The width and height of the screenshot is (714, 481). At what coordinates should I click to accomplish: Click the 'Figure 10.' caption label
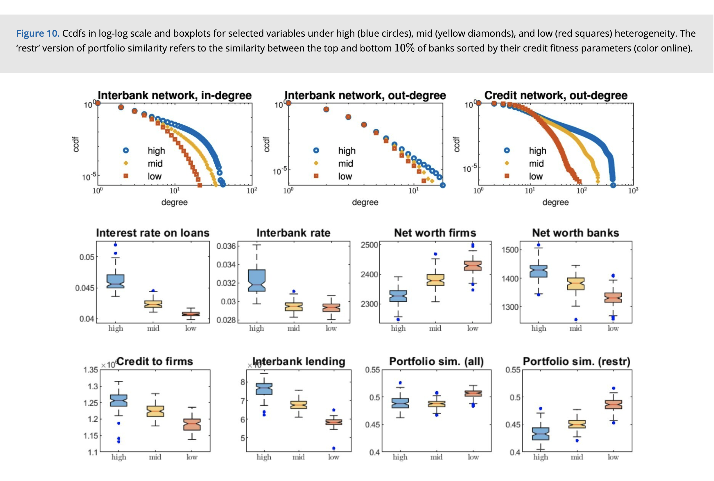point(38,33)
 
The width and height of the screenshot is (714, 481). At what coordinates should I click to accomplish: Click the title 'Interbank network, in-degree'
point(174,95)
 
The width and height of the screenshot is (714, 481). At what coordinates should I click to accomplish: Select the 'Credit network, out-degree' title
point(556,95)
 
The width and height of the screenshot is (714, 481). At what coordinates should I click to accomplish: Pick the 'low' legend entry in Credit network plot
point(535,177)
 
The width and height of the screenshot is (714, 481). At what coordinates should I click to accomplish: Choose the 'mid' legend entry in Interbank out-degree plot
point(345,163)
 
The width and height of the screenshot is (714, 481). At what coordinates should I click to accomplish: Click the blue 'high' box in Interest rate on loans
point(116,281)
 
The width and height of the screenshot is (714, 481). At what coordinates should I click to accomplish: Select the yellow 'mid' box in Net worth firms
point(435,280)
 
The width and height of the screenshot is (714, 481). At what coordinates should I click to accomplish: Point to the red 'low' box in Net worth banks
point(613,297)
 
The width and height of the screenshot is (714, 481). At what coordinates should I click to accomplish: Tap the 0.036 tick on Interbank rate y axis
point(226,246)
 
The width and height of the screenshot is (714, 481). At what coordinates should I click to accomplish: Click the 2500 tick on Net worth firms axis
point(369,245)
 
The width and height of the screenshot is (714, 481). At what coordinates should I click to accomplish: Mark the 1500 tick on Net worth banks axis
point(510,250)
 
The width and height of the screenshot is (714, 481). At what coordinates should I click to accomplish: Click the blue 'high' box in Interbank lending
point(264,389)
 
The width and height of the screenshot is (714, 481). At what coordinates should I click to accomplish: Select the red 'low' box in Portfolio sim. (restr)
point(613,405)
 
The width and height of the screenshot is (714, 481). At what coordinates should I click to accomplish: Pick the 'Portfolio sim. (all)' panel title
point(436,361)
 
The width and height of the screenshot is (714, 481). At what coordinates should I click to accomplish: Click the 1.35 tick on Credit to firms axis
point(91,370)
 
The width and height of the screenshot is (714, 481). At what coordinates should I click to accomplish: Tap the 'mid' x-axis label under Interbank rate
point(294,329)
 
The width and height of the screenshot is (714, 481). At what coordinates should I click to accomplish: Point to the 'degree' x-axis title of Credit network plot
point(555,202)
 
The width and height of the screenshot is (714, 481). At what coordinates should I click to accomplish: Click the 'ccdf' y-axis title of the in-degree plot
point(76,144)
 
